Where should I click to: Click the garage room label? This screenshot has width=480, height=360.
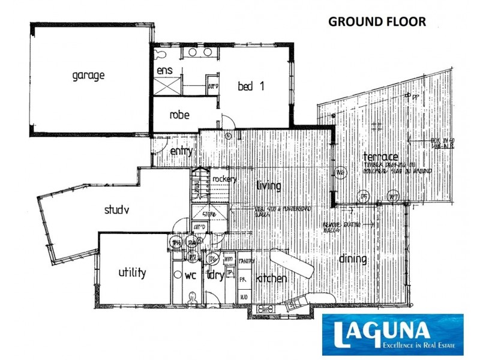(x=89, y=76)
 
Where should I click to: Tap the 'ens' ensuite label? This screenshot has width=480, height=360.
(x=165, y=71)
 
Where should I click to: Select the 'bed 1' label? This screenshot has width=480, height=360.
(x=251, y=86)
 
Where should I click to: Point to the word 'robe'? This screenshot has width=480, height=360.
(x=179, y=115)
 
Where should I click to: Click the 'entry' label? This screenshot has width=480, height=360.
(x=181, y=151)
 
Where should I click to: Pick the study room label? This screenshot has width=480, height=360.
(x=118, y=210)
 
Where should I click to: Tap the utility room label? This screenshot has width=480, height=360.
(x=132, y=273)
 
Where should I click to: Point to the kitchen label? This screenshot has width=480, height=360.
(x=272, y=279)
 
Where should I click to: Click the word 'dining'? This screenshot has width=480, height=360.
(x=353, y=259)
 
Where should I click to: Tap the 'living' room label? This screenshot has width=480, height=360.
(x=268, y=186)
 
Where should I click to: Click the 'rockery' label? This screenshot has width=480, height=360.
(x=224, y=179)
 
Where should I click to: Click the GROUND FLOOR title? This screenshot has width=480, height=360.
(x=377, y=22)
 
